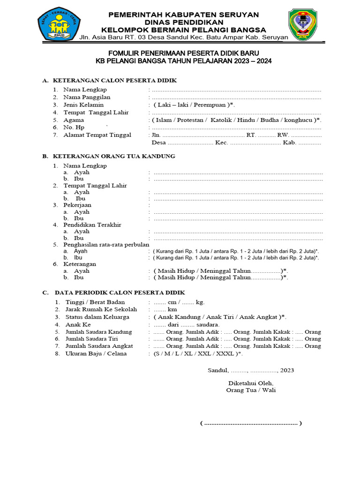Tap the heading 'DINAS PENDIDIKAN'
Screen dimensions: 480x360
click(184, 22)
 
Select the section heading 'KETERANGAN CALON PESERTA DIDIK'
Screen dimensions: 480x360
click(115, 81)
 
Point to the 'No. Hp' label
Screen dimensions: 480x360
click(74, 127)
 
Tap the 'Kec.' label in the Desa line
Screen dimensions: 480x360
click(221, 142)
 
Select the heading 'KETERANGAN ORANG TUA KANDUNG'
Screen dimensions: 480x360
click(114, 156)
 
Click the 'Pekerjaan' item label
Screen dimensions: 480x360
click(77, 205)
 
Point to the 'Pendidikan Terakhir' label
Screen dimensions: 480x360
click(92, 225)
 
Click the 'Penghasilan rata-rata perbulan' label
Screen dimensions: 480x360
click(106, 244)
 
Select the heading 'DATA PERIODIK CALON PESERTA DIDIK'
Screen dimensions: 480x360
click(119, 292)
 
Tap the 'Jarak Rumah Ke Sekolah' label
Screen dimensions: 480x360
click(101, 309)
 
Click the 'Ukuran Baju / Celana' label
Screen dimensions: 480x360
click(96, 353)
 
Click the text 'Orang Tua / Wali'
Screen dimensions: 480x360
click(251, 390)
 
